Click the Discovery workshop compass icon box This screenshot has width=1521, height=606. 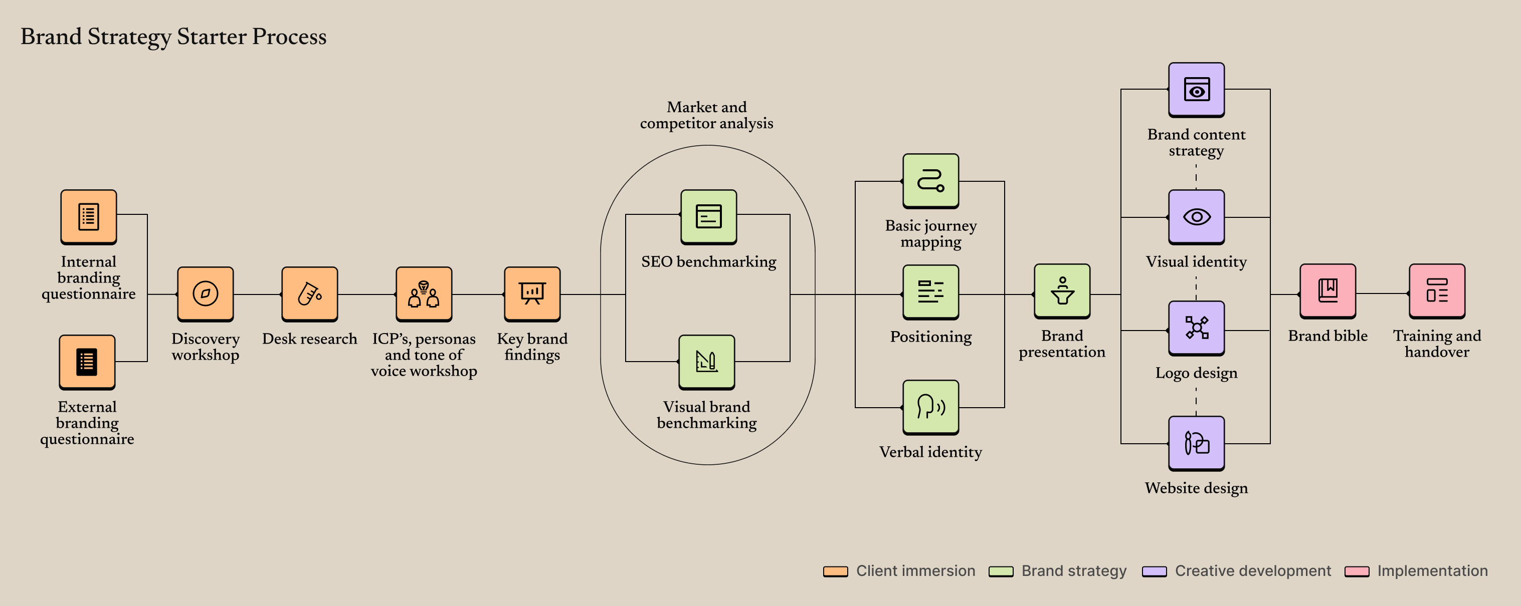point(205,293)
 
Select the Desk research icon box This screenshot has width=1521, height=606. point(309,293)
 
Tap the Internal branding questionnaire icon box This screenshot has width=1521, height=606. point(89,216)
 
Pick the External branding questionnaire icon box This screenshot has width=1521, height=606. point(87,362)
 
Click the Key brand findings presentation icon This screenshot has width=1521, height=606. point(532,293)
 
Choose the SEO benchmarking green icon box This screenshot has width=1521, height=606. point(708,216)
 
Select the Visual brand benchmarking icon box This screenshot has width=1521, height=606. point(707,362)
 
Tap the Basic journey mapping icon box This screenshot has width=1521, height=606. point(930,181)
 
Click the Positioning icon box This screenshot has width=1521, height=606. point(930,291)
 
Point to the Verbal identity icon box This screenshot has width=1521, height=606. point(930,407)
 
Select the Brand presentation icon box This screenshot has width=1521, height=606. point(1062,291)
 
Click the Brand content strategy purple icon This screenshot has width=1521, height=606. point(1196,90)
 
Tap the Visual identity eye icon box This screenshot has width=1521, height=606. point(1196,216)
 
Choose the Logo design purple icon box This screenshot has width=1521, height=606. point(1196,328)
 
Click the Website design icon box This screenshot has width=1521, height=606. point(1196,443)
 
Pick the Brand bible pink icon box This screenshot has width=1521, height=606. point(1327,291)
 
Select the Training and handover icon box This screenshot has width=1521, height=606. point(1437,291)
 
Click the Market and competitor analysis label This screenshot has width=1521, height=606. point(706,115)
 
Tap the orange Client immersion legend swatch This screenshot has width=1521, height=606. point(835,571)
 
